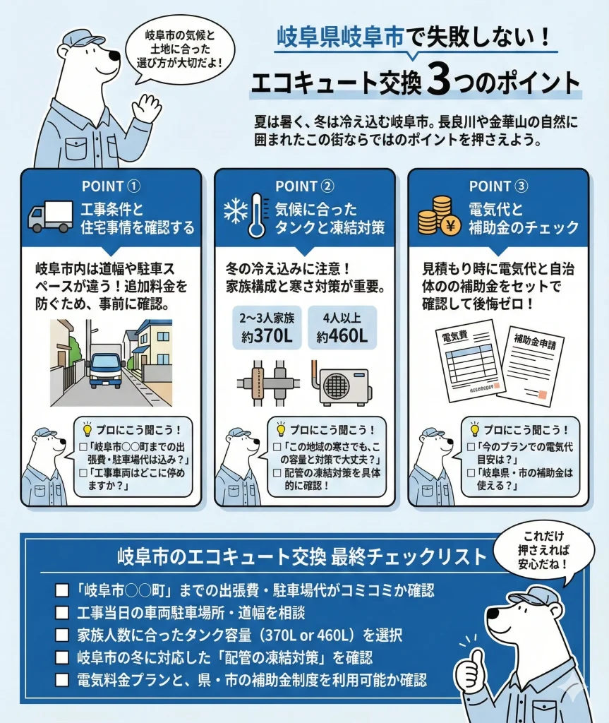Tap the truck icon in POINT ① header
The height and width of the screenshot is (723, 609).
pyautogui.click(x=50, y=217)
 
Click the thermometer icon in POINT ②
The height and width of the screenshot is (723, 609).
pyautogui.click(x=257, y=216)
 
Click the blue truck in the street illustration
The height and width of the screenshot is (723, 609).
pyautogui.click(x=106, y=367)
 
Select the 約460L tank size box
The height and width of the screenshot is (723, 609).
pyautogui.click(x=342, y=328)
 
